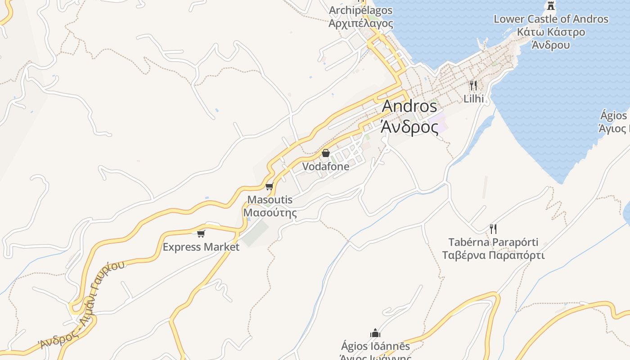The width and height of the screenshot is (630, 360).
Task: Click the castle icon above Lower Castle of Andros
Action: [x=550, y=6]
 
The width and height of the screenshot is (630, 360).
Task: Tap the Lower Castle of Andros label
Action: [x=551, y=19]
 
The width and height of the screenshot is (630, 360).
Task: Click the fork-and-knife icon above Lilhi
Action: [x=473, y=85]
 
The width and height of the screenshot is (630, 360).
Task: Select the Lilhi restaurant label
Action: [x=473, y=99]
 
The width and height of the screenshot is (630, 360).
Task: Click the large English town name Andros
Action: [x=409, y=107]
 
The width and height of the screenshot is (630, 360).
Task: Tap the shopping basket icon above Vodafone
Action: [x=325, y=153]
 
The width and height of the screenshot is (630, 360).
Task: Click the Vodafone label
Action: [x=325, y=166]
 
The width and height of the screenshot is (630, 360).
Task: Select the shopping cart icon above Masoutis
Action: [x=269, y=186]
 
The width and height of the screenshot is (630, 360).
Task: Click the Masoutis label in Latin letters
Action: [x=270, y=199]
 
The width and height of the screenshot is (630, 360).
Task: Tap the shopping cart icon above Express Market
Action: [x=201, y=234]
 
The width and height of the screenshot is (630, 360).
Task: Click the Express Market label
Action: [x=201, y=247]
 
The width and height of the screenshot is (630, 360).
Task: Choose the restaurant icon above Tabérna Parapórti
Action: [x=493, y=229]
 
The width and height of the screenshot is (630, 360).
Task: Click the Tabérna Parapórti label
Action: [x=493, y=243]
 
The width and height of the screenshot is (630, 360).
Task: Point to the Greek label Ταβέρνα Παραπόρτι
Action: [x=493, y=256]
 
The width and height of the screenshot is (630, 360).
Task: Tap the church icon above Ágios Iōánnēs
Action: [x=375, y=333]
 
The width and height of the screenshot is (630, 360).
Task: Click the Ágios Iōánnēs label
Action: [x=375, y=346]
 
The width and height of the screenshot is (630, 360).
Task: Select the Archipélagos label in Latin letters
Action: [x=360, y=10]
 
